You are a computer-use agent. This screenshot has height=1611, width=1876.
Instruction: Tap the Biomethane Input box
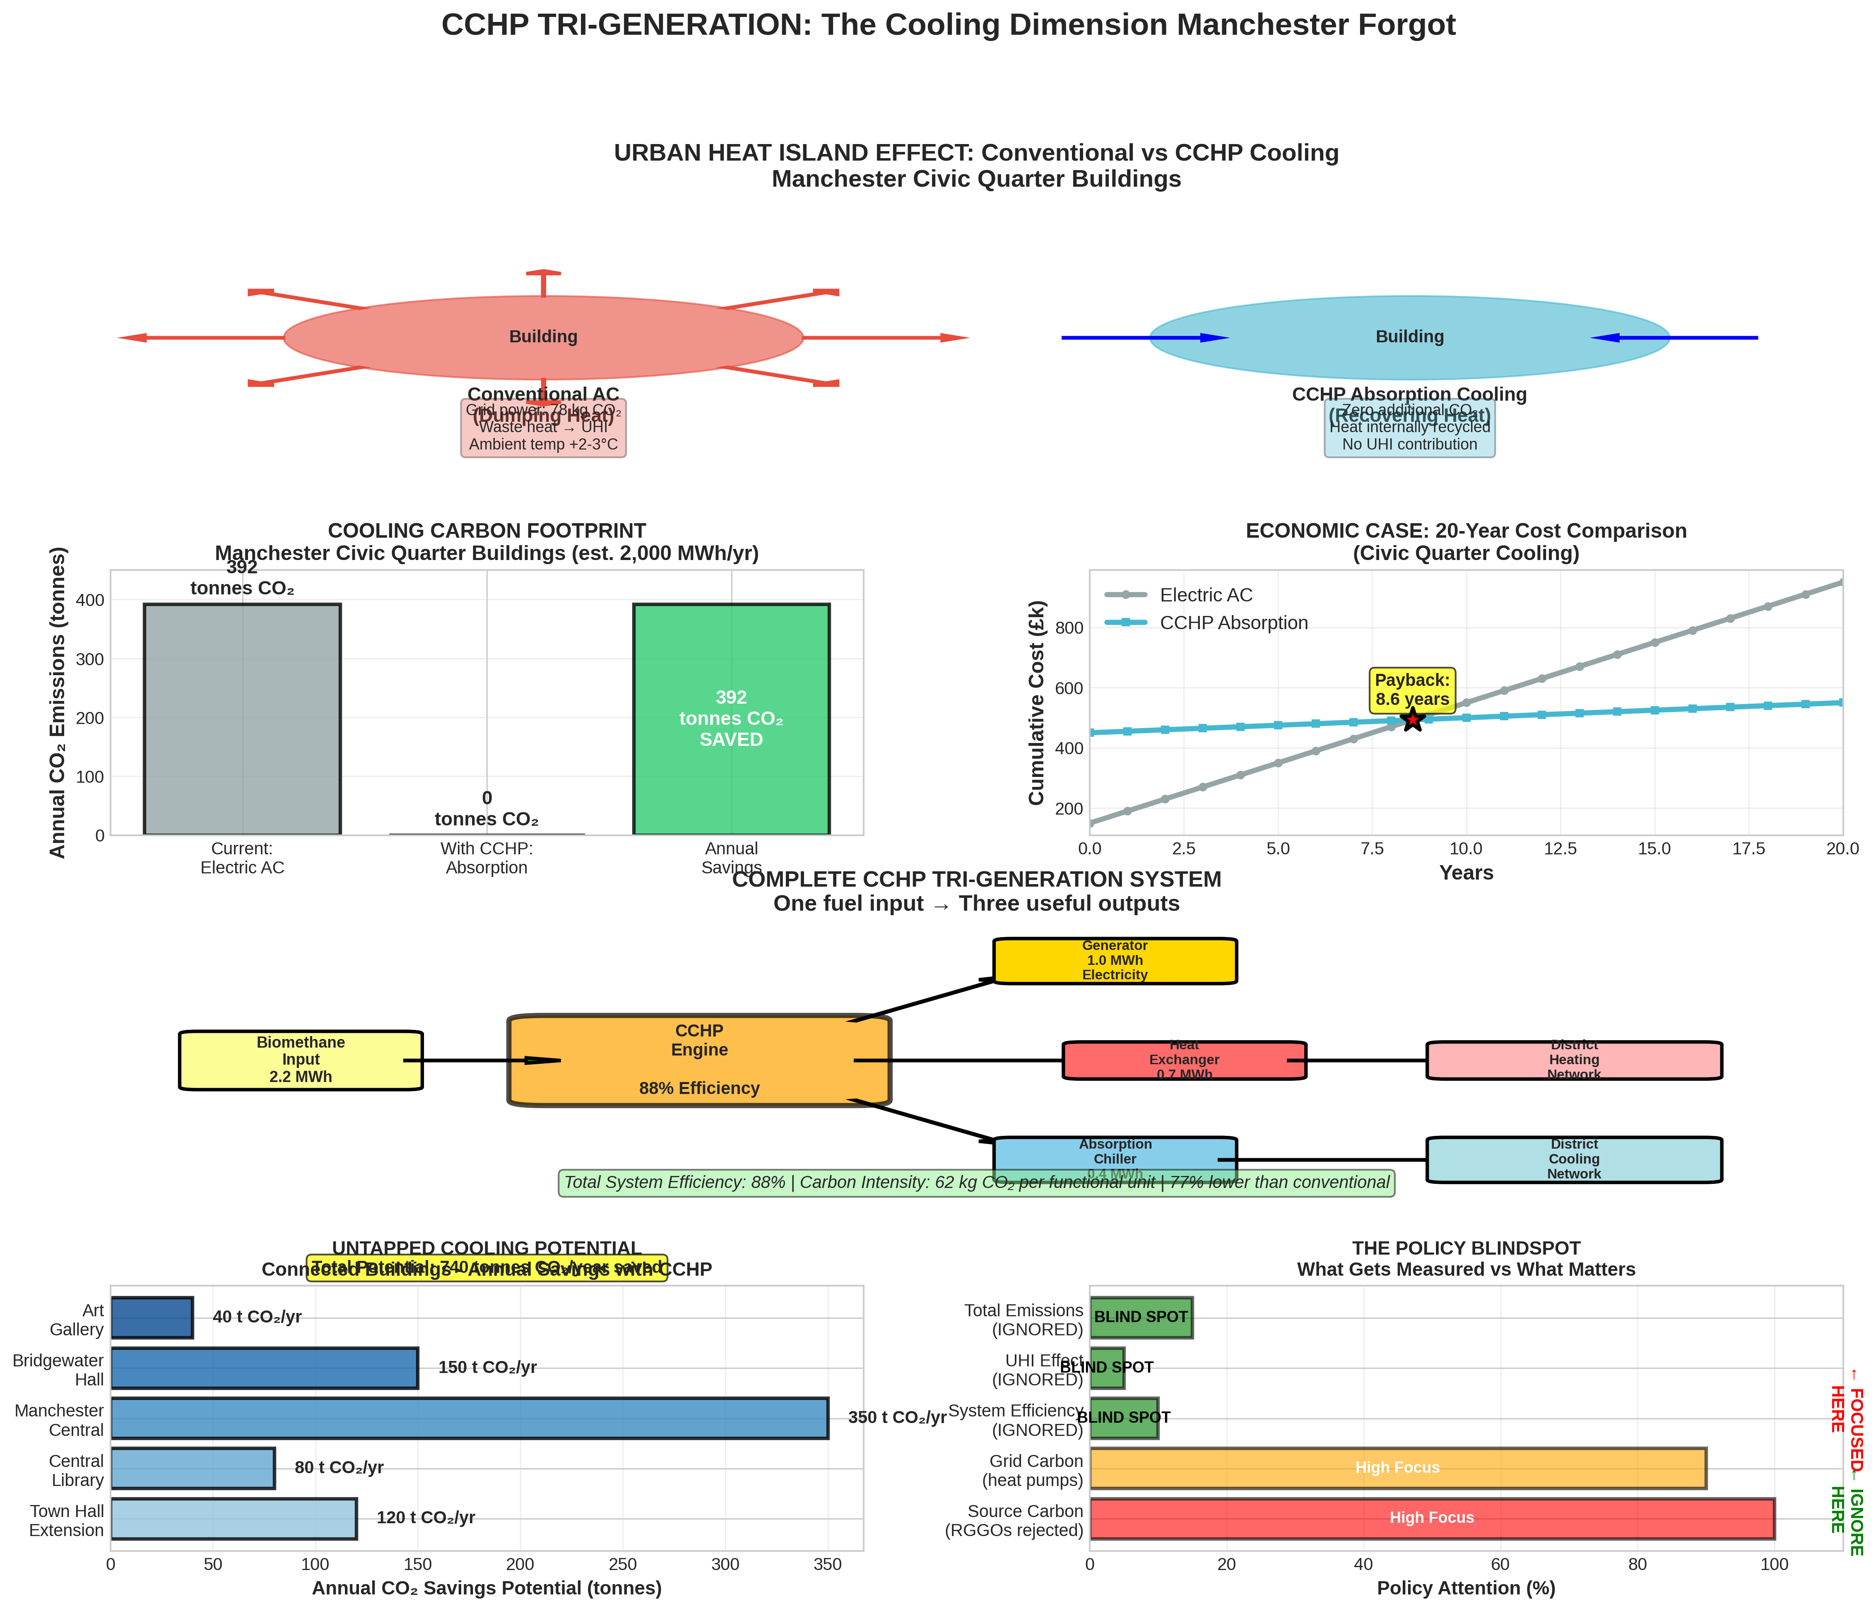tap(301, 1060)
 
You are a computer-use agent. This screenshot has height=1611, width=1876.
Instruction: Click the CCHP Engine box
tap(699, 1060)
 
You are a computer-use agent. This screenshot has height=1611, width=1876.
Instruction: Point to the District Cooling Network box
tap(1574, 1159)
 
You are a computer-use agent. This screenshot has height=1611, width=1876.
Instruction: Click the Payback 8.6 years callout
tap(1411, 690)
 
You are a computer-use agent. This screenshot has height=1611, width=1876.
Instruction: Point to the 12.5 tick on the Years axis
tap(1560, 849)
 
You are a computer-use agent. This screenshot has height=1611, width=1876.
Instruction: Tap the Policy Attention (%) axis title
tap(1466, 1588)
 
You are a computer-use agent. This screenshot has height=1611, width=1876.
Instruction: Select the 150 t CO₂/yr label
tap(487, 1368)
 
